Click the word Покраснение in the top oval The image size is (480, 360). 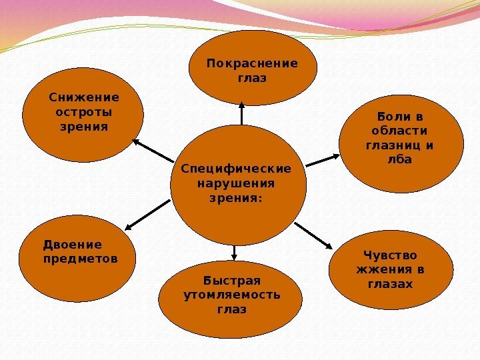(x=252, y=64)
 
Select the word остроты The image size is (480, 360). (x=83, y=112)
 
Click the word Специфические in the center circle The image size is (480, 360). (x=237, y=169)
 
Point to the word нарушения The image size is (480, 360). (x=237, y=183)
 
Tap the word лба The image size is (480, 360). (x=400, y=160)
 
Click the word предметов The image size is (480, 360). (x=79, y=258)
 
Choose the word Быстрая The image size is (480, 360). (x=231, y=280)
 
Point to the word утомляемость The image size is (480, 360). (x=231, y=295)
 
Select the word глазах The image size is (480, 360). (x=390, y=284)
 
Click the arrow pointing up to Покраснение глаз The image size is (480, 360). (x=241, y=113)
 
